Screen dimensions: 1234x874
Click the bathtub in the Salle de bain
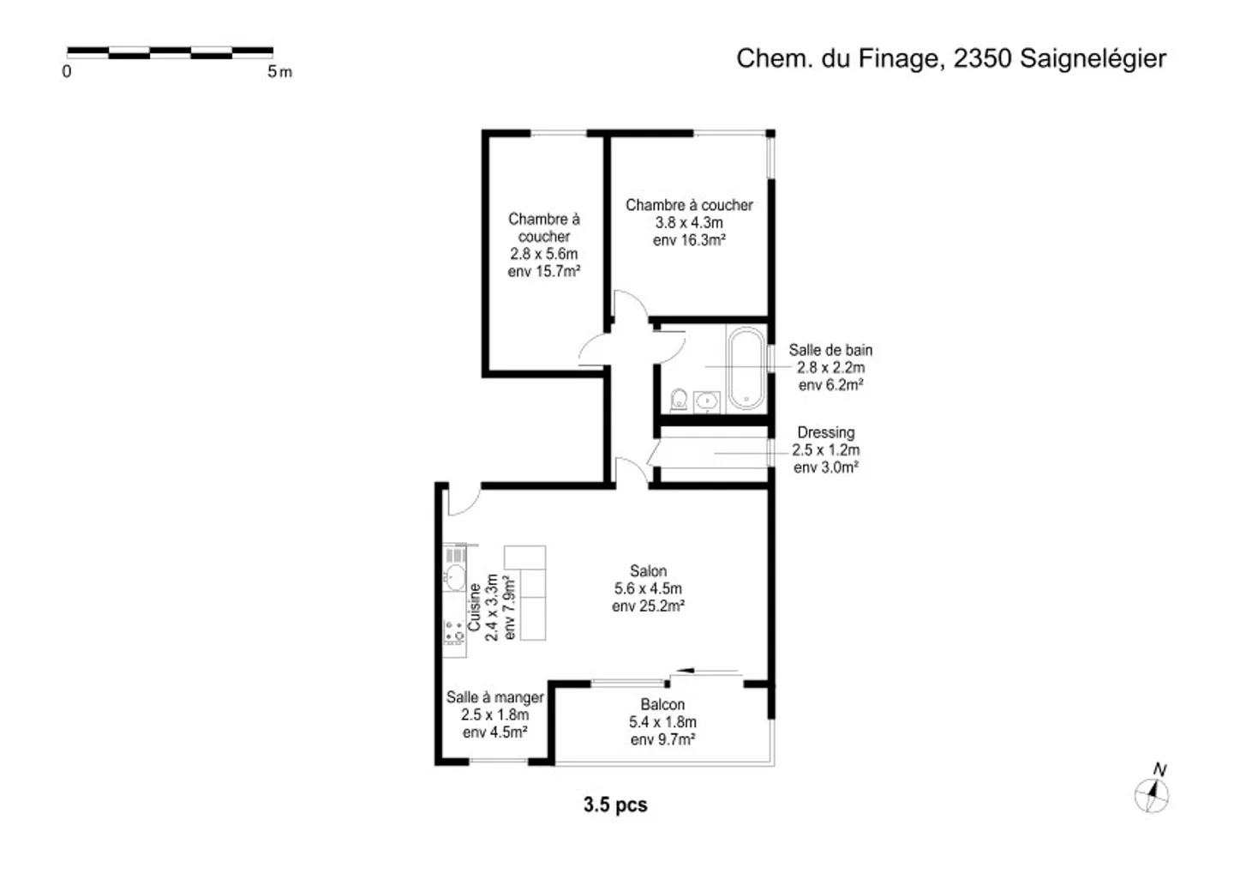click(746, 368)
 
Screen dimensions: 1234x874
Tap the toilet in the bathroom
click(679, 399)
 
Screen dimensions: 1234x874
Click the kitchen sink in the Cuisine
click(455, 577)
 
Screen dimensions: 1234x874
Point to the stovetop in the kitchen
click(454, 633)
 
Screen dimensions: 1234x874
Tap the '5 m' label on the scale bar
click(280, 72)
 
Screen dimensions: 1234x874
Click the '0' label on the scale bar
click(67, 72)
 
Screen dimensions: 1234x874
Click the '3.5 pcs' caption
click(615, 805)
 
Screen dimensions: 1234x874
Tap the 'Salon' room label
click(649, 570)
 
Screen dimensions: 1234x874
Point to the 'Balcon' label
click(662, 704)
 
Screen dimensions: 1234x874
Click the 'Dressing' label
click(826, 432)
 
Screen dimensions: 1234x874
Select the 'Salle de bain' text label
click(830, 350)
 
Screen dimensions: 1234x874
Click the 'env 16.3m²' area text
click(689, 240)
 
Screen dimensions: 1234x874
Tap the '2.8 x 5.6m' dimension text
click(543, 254)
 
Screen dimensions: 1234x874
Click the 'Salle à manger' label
click(494, 697)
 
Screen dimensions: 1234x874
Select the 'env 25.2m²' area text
click(649, 606)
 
